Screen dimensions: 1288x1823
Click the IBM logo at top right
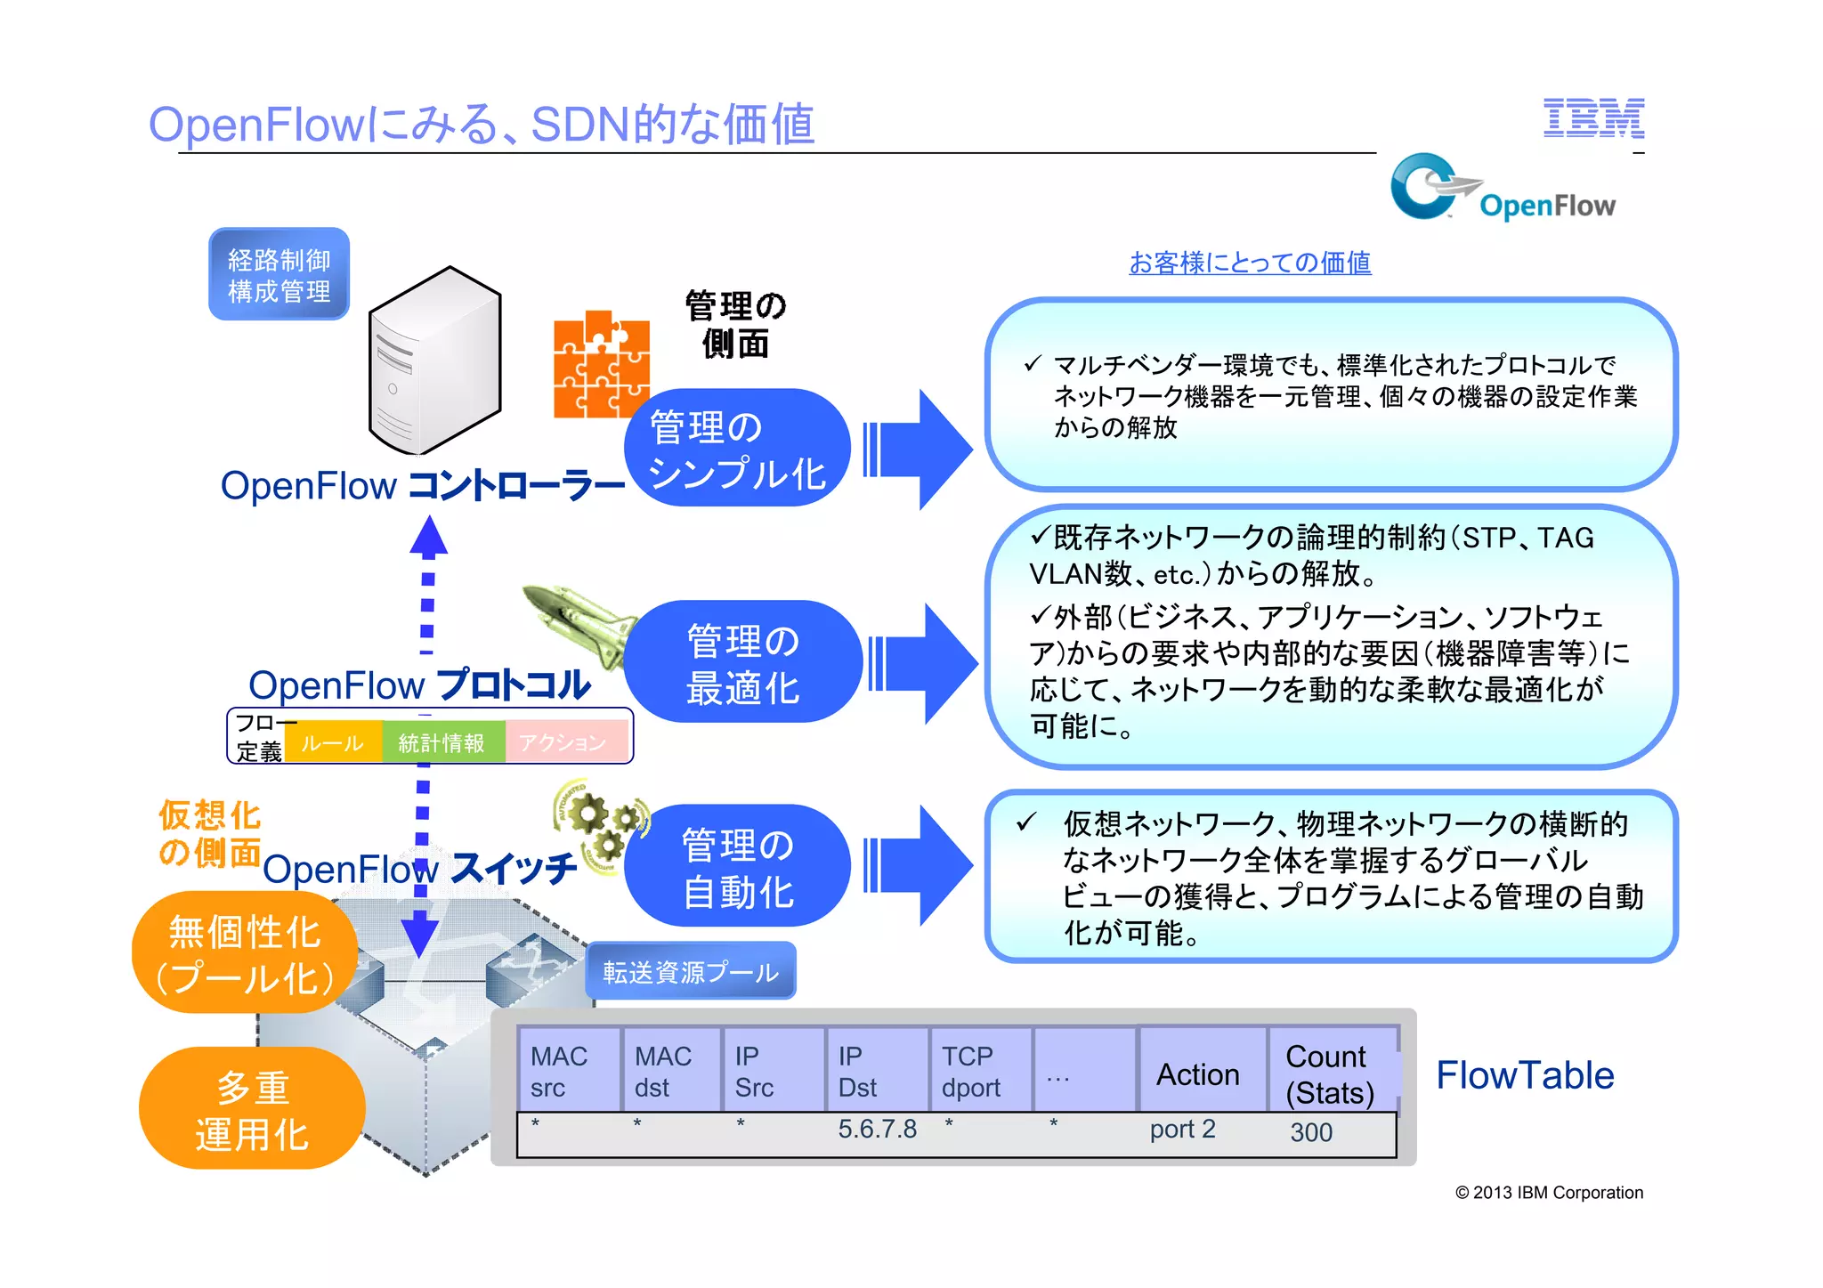point(1592,118)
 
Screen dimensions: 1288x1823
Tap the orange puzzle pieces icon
point(601,364)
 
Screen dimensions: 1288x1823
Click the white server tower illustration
point(434,360)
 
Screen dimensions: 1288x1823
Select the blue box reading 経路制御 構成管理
point(279,275)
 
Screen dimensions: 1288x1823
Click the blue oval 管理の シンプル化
point(737,449)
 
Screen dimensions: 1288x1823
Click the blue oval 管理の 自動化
point(737,867)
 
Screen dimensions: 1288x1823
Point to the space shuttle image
point(579,623)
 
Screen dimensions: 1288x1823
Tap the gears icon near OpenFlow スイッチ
point(600,823)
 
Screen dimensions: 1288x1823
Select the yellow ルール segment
point(333,742)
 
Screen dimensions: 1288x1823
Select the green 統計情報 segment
point(442,742)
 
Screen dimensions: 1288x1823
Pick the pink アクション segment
point(564,742)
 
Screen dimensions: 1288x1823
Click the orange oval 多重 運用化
point(252,1109)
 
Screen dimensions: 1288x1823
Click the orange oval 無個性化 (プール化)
point(245,953)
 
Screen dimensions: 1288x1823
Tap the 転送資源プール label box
point(691,971)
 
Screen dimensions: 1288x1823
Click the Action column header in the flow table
point(1198,1073)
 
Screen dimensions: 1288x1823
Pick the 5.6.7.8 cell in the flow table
point(877,1130)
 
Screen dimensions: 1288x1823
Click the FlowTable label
point(1524,1075)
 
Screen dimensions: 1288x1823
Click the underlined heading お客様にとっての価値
point(1249,263)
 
